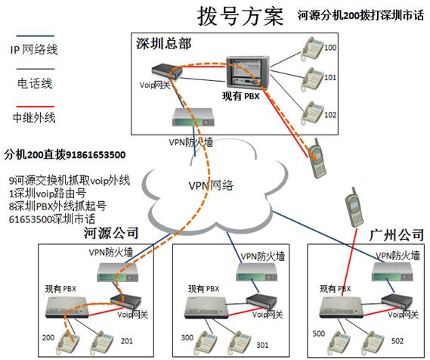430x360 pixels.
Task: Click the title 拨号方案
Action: (x=240, y=17)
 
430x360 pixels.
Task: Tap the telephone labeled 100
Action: (x=312, y=49)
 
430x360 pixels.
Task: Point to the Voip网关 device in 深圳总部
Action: (x=167, y=72)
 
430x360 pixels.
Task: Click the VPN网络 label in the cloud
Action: (x=211, y=186)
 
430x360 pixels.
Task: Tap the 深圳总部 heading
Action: (x=164, y=44)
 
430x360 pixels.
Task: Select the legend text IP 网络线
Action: (x=34, y=50)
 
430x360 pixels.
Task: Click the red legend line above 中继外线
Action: (x=36, y=107)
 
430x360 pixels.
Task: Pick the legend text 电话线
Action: (x=35, y=83)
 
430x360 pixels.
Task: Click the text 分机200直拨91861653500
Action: (x=65, y=155)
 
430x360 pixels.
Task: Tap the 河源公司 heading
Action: (x=111, y=233)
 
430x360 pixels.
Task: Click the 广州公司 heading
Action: (x=397, y=235)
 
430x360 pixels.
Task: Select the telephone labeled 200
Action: (x=68, y=344)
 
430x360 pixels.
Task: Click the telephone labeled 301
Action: (x=240, y=344)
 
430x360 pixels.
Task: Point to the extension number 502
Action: (x=398, y=341)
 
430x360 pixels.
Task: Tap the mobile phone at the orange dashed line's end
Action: (x=317, y=159)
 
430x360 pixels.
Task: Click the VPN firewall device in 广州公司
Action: (x=392, y=272)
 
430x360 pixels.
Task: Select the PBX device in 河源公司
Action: (x=67, y=307)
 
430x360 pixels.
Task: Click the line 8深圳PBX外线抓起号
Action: (x=57, y=206)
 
